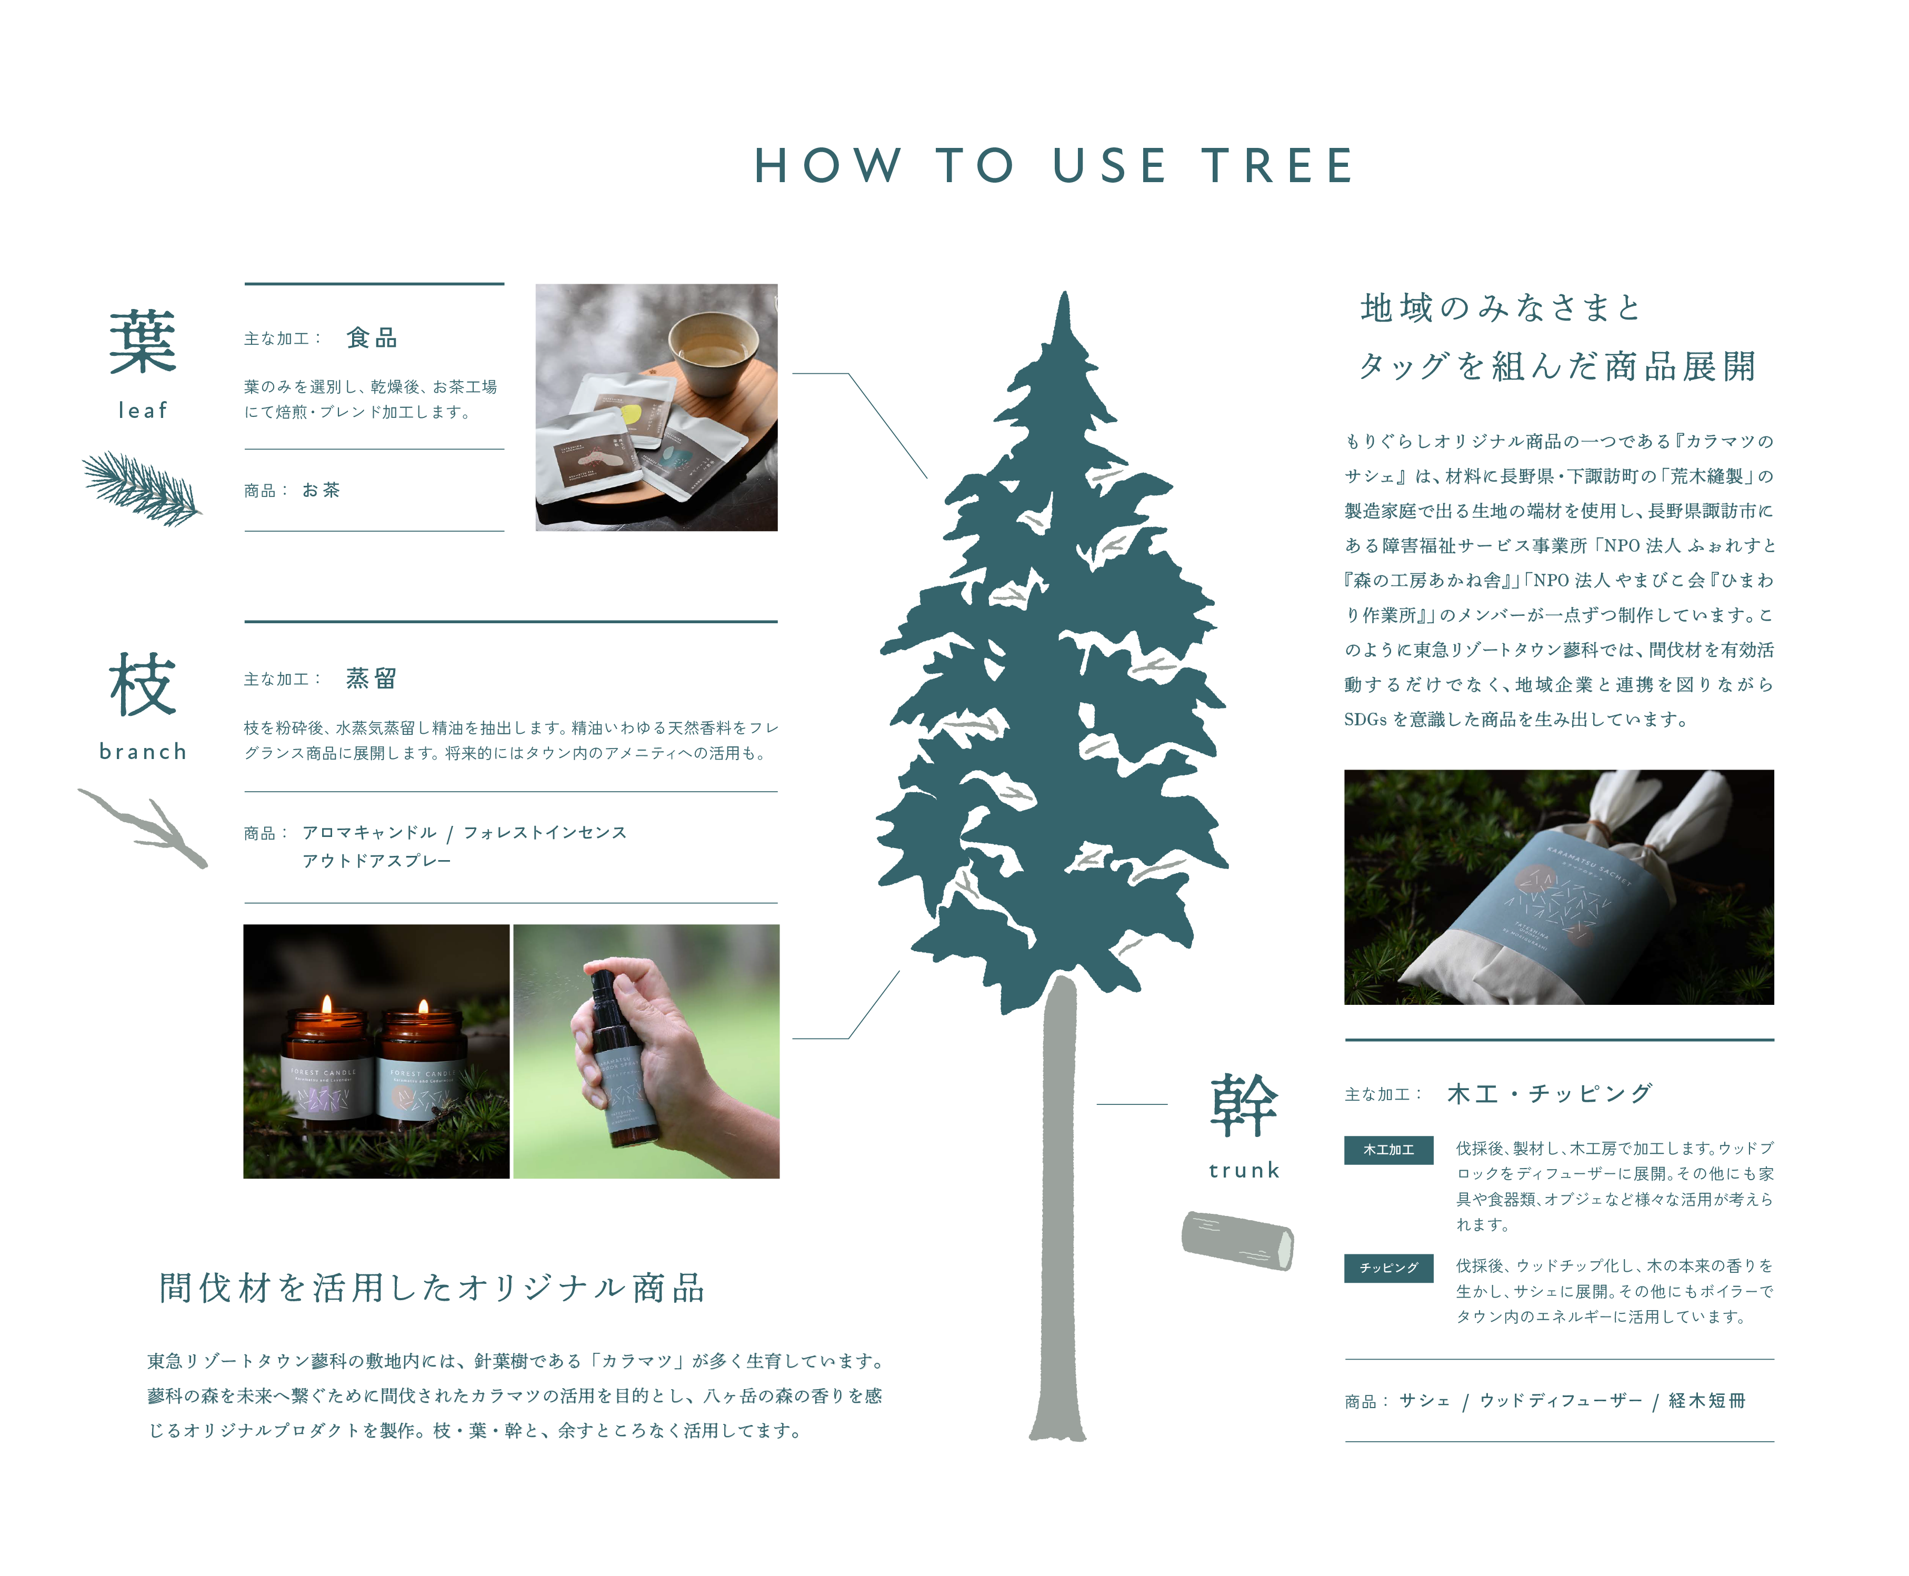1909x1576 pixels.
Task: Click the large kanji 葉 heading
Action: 143,341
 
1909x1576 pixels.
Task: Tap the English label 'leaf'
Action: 143,411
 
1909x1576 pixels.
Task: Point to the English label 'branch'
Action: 143,752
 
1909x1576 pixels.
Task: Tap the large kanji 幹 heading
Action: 1244,1105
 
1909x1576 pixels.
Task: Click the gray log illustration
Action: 1237,1240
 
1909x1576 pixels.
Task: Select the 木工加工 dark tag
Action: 1388,1149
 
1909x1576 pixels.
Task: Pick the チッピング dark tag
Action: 1388,1268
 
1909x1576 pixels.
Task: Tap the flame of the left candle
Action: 327,1004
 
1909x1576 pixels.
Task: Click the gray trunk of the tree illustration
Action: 1058,1208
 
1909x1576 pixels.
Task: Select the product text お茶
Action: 322,490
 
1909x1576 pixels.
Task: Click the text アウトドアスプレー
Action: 377,861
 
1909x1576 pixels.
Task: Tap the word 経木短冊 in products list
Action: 1706,1401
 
